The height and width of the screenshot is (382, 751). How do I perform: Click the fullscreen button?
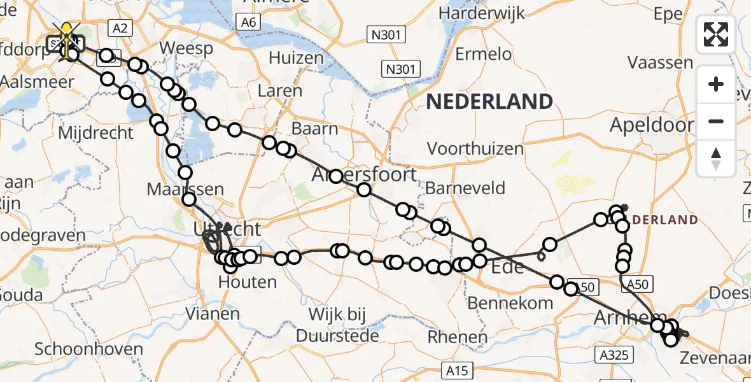tap(716, 34)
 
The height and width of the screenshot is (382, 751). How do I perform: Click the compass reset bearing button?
tap(716, 158)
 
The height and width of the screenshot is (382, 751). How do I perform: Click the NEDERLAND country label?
tap(489, 101)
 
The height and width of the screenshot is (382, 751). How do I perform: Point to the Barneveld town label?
tap(465, 188)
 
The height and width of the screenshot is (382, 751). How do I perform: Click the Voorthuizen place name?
tap(475, 149)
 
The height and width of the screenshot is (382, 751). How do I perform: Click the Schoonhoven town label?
tap(88, 349)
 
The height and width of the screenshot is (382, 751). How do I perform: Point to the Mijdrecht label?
tap(95, 133)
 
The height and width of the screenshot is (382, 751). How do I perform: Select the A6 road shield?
tap(248, 23)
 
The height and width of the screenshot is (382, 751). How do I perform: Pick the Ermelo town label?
tap(484, 54)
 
